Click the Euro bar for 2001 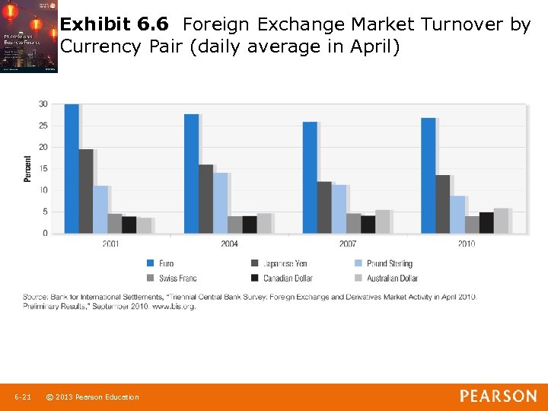(71, 168)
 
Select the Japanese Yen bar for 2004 (205, 199)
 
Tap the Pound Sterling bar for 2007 (339, 209)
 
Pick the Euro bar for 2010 (428, 175)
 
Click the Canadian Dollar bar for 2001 (129, 225)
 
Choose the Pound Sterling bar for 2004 (220, 202)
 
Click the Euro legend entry (160, 263)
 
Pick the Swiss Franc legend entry (172, 278)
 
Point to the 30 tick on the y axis (43, 104)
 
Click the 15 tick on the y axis (43, 168)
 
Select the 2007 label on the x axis (348, 244)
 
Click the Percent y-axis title (28, 168)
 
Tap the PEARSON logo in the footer (498, 396)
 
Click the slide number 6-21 (23, 397)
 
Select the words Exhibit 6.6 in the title (114, 24)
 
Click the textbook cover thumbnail (29, 37)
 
